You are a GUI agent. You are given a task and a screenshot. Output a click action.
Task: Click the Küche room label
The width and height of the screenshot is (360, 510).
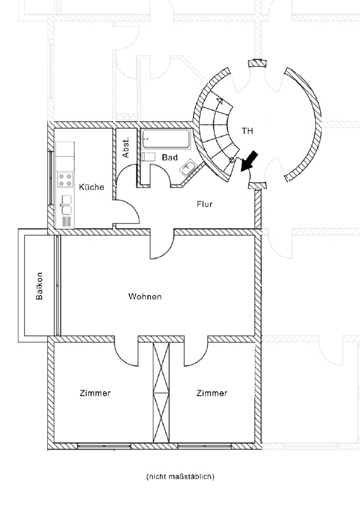click(x=92, y=187)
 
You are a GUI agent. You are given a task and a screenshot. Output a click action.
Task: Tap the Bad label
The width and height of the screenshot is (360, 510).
click(x=169, y=157)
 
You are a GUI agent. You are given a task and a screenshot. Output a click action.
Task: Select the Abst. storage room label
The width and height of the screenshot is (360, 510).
click(x=126, y=147)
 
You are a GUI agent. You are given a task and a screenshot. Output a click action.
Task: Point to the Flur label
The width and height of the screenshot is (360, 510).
click(x=205, y=204)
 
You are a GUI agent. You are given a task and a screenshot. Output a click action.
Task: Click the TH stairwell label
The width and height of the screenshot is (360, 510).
click(x=247, y=131)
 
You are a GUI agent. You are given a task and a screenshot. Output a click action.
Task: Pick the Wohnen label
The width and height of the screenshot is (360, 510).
click(x=145, y=296)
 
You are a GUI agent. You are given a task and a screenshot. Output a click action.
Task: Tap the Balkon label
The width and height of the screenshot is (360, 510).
click(x=40, y=286)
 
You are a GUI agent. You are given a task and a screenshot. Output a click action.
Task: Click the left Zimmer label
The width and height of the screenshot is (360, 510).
click(x=96, y=393)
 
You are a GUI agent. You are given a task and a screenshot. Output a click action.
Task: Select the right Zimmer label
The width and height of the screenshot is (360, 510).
click(x=212, y=393)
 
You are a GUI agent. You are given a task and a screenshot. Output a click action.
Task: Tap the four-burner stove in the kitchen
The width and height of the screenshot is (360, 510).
click(x=65, y=180)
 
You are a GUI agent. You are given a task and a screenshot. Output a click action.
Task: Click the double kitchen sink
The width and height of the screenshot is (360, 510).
click(x=66, y=205)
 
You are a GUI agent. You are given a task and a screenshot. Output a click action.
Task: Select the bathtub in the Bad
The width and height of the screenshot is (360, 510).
click(x=166, y=140)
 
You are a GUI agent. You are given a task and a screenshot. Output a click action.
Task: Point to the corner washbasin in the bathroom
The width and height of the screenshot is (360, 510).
click(x=189, y=168)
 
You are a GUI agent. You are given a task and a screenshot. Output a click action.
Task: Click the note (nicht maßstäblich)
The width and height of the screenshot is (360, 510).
click(x=180, y=476)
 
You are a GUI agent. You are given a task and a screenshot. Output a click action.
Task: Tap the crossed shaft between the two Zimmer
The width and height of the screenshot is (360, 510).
click(x=161, y=392)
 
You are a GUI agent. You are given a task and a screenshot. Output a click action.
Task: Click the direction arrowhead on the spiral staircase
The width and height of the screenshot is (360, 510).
click(x=219, y=101)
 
